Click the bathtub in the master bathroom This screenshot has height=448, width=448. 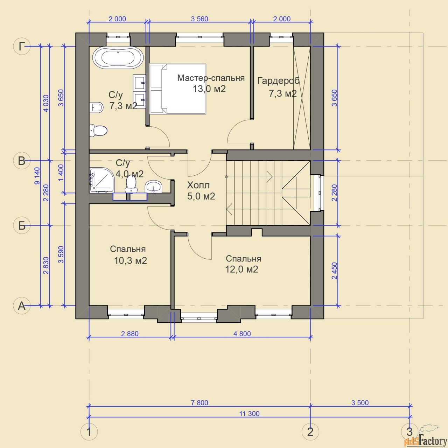(x=118, y=57)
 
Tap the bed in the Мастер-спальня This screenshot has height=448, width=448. (x=178, y=89)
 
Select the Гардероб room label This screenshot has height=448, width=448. (x=278, y=81)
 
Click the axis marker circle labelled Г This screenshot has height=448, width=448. (x=22, y=46)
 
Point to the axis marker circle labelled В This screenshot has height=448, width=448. (x=22, y=160)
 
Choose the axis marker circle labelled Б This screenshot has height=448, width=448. (x=22, y=225)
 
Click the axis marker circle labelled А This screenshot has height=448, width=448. (x=22, y=306)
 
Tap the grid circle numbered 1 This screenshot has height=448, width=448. (x=89, y=432)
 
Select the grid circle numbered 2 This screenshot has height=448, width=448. (x=310, y=432)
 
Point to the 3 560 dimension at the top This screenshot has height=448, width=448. (x=199, y=19)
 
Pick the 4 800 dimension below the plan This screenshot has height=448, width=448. (x=242, y=334)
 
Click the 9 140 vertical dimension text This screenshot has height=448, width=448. (x=37, y=176)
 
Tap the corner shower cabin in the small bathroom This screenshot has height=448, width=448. (x=102, y=180)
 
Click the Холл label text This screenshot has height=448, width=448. (x=198, y=185)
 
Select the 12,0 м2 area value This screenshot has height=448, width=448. (x=241, y=269)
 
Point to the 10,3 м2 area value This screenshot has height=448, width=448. (x=131, y=261)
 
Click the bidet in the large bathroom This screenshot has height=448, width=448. (x=96, y=107)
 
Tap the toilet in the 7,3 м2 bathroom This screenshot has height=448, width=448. (x=98, y=131)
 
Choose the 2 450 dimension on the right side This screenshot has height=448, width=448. (x=334, y=271)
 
